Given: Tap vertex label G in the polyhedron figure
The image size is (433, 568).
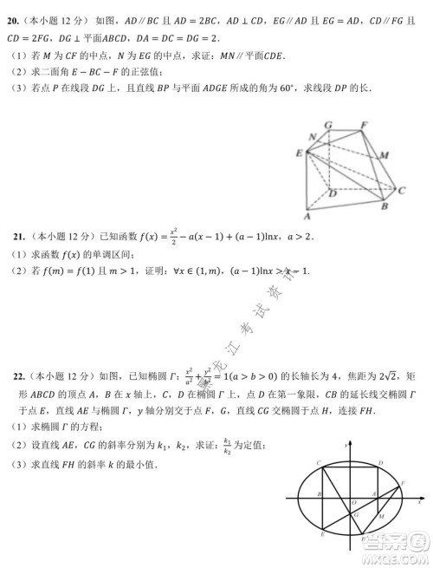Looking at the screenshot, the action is pos(328,125).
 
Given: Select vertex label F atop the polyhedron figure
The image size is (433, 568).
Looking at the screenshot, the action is pos(364,125).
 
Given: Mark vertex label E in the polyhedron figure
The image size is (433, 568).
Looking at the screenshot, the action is pos(299,153).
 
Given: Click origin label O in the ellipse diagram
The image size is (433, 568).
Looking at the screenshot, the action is pos(352,502).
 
